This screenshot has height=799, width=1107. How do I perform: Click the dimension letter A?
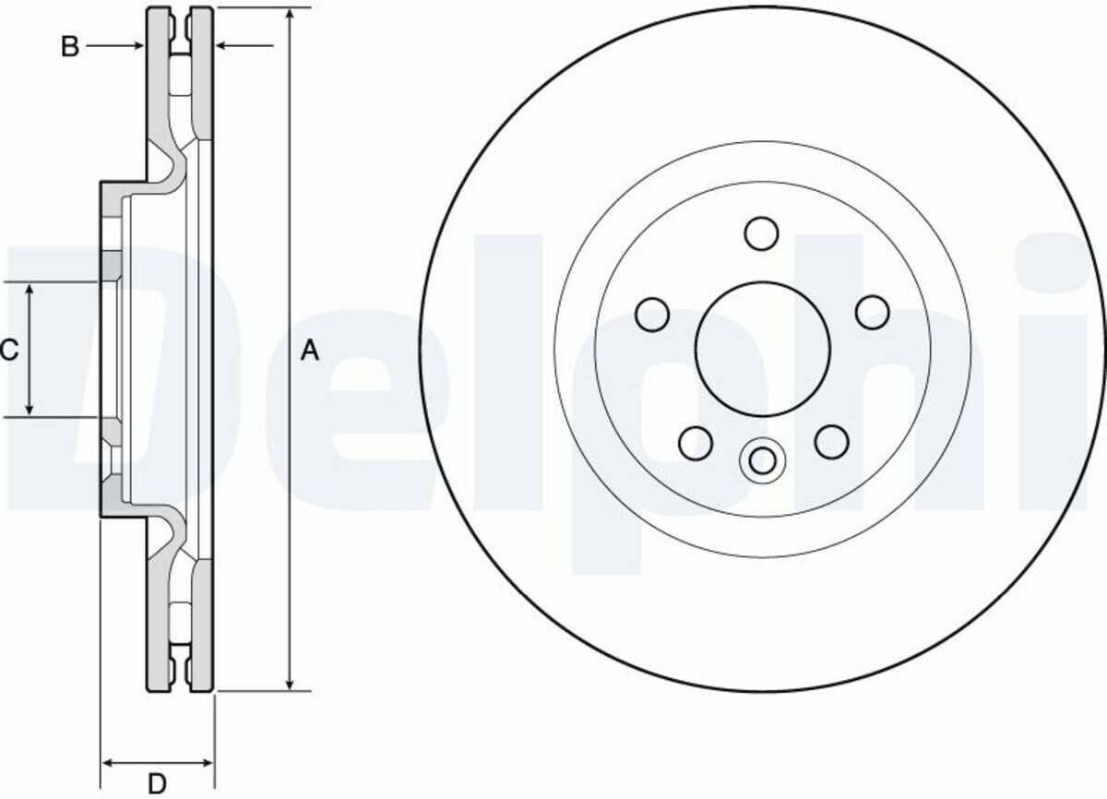point(310,351)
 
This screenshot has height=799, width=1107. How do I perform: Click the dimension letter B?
point(70,46)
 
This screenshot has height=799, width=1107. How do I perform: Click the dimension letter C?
point(9,350)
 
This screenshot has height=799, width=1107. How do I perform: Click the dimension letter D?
point(157,783)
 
